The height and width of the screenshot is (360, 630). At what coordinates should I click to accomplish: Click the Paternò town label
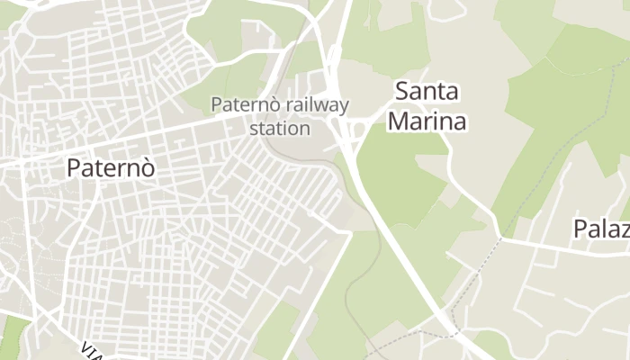(x=111, y=168)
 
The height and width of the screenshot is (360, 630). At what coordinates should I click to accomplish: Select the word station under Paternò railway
(x=280, y=128)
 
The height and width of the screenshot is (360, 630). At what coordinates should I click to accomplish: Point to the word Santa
(x=427, y=91)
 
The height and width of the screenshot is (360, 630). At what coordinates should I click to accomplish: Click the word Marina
(x=427, y=120)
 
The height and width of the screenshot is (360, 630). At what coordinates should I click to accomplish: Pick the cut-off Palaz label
(x=600, y=229)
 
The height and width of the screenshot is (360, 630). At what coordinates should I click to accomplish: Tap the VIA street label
(x=91, y=350)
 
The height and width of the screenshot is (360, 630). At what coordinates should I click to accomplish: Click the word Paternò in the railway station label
(x=239, y=104)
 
